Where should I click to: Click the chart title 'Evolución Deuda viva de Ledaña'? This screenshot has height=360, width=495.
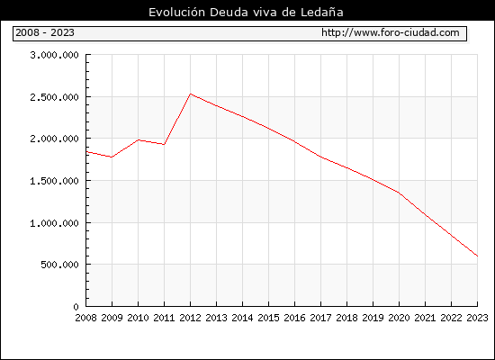tap(246, 13)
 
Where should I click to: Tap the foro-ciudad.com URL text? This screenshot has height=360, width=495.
tap(391, 32)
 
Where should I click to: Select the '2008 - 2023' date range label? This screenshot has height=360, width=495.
tap(45, 32)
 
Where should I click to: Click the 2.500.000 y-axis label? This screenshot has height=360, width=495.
tap(54, 97)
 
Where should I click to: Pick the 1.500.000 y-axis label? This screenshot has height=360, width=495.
tap(54, 181)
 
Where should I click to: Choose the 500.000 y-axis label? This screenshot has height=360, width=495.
tap(59, 265)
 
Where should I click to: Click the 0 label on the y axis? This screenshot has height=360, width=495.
tap(76, 307)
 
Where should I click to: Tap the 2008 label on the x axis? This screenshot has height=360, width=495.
tap(85, 318)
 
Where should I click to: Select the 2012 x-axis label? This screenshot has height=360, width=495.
tap(191, 318)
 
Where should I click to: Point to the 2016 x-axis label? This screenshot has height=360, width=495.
tap(294, 318)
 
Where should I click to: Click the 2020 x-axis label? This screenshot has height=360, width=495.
tap(399, 318)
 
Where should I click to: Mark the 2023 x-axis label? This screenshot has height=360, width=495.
tap(477, 318)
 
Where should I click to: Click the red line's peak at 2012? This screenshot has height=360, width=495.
tap(191, 94)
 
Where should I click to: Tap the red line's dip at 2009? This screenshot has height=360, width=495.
tap(112, 157)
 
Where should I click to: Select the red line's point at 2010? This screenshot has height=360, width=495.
tap(139, 139)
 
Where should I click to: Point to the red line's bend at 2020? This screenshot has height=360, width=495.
tap(399, 193)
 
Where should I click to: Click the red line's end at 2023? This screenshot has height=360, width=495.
tap(477, 256)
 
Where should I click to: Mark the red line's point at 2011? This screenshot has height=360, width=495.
tap(164, 144)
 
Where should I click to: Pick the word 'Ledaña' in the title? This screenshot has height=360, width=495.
tap(322, 13)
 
